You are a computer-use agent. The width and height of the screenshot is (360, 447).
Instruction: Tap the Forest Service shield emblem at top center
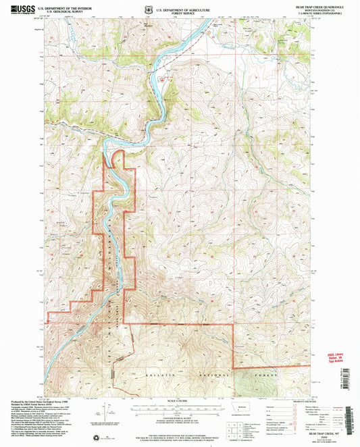[x=149, y=9]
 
